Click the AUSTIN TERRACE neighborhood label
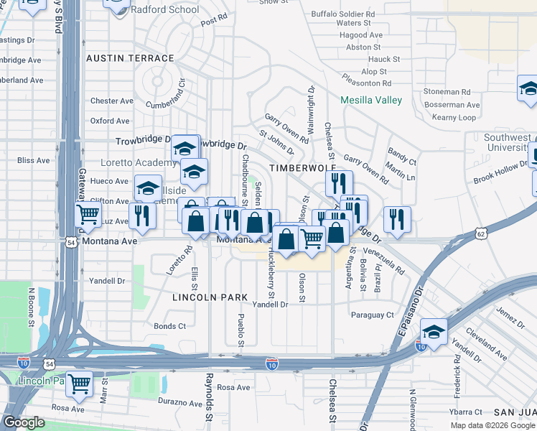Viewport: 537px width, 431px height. [x=129, y=57]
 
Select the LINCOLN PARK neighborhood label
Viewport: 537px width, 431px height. [x=210, y=297]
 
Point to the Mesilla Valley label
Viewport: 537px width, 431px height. [x=371, y=100]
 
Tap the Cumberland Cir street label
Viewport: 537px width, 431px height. [x=166, y=93]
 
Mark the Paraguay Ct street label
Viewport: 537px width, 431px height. [x=373, y=315]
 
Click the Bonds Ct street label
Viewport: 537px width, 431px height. [x=170, y=326]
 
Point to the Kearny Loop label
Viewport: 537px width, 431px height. [x=454, y=117]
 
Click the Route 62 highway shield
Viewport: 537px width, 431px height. [x=482, y=233]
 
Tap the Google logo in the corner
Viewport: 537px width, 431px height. [x=24, y=422]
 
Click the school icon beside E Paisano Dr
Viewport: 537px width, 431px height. [x=434, y=330]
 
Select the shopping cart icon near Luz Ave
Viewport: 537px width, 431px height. [x=88, y=213]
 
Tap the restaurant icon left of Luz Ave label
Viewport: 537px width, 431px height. [x=143, y=215]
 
